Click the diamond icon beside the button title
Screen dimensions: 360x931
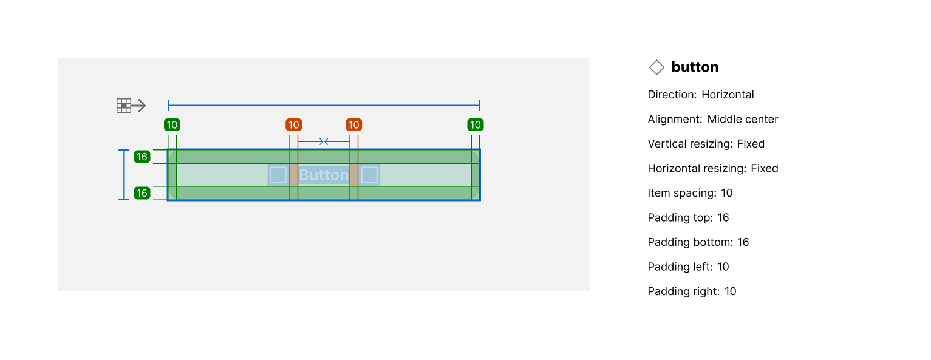coord(656,67)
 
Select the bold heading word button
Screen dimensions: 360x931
coord(695,67)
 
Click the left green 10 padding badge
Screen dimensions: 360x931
coord(172,125)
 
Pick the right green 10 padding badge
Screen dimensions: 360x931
coord(475,125)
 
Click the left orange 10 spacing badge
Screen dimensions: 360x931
coord(294,125)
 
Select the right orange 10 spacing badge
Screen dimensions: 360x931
coord(353,125)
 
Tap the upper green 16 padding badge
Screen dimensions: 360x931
coord(142,157)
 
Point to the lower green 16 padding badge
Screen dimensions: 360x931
coord(142,194)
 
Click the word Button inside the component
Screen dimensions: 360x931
coord(324,175)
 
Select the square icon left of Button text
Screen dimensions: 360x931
coord(278,175)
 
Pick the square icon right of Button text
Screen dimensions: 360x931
coord(369,175)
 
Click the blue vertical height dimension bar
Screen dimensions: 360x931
coord(124,175)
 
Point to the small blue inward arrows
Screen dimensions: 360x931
coord(324,142)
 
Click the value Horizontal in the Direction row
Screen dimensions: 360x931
coord(728,95)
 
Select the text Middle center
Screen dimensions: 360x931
coord(743,120)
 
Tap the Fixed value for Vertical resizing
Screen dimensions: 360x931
coord(751,144)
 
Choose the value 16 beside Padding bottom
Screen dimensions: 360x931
coord(743,242)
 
